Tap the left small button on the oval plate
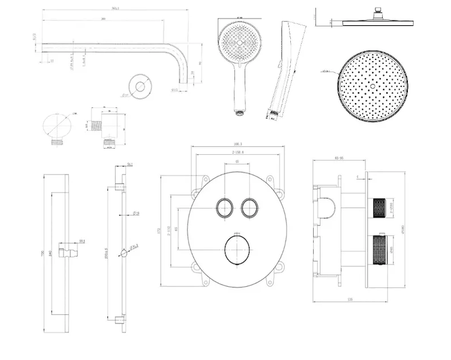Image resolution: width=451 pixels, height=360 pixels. (224, 208)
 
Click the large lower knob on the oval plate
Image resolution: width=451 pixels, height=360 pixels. (236, 250)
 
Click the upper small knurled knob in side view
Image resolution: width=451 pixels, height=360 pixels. (378, 208)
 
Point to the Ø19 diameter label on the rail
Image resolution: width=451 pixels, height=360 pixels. (137, 213)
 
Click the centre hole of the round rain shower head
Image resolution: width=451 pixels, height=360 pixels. (372, 86)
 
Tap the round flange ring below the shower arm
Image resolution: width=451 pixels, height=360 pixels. (141, 86)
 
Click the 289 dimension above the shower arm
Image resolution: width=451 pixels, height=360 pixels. (104, 19)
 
